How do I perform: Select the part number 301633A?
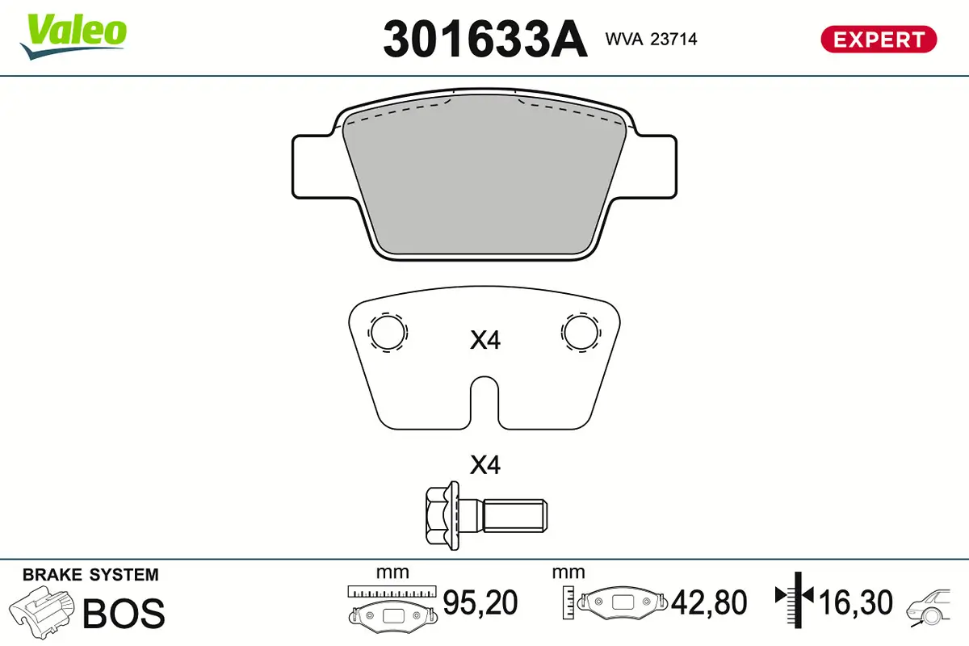click(x=484, y=39)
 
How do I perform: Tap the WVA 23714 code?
click(x=651, y=38)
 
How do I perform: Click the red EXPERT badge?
click(x=879, y=39)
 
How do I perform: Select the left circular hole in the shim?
click(x=388, y=331)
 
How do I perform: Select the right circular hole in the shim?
click(x=581, y=331)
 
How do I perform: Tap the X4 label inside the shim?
click(x=485, y=341)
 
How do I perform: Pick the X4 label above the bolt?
click(x=485, y=465)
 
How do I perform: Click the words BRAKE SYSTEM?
click(x=90, y=575)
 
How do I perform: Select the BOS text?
click(x=124, y=613)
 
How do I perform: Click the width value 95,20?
click(x=480, y=602)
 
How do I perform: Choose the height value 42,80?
click(x=711, y=602)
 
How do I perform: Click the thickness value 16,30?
click(x=856, y=602)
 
